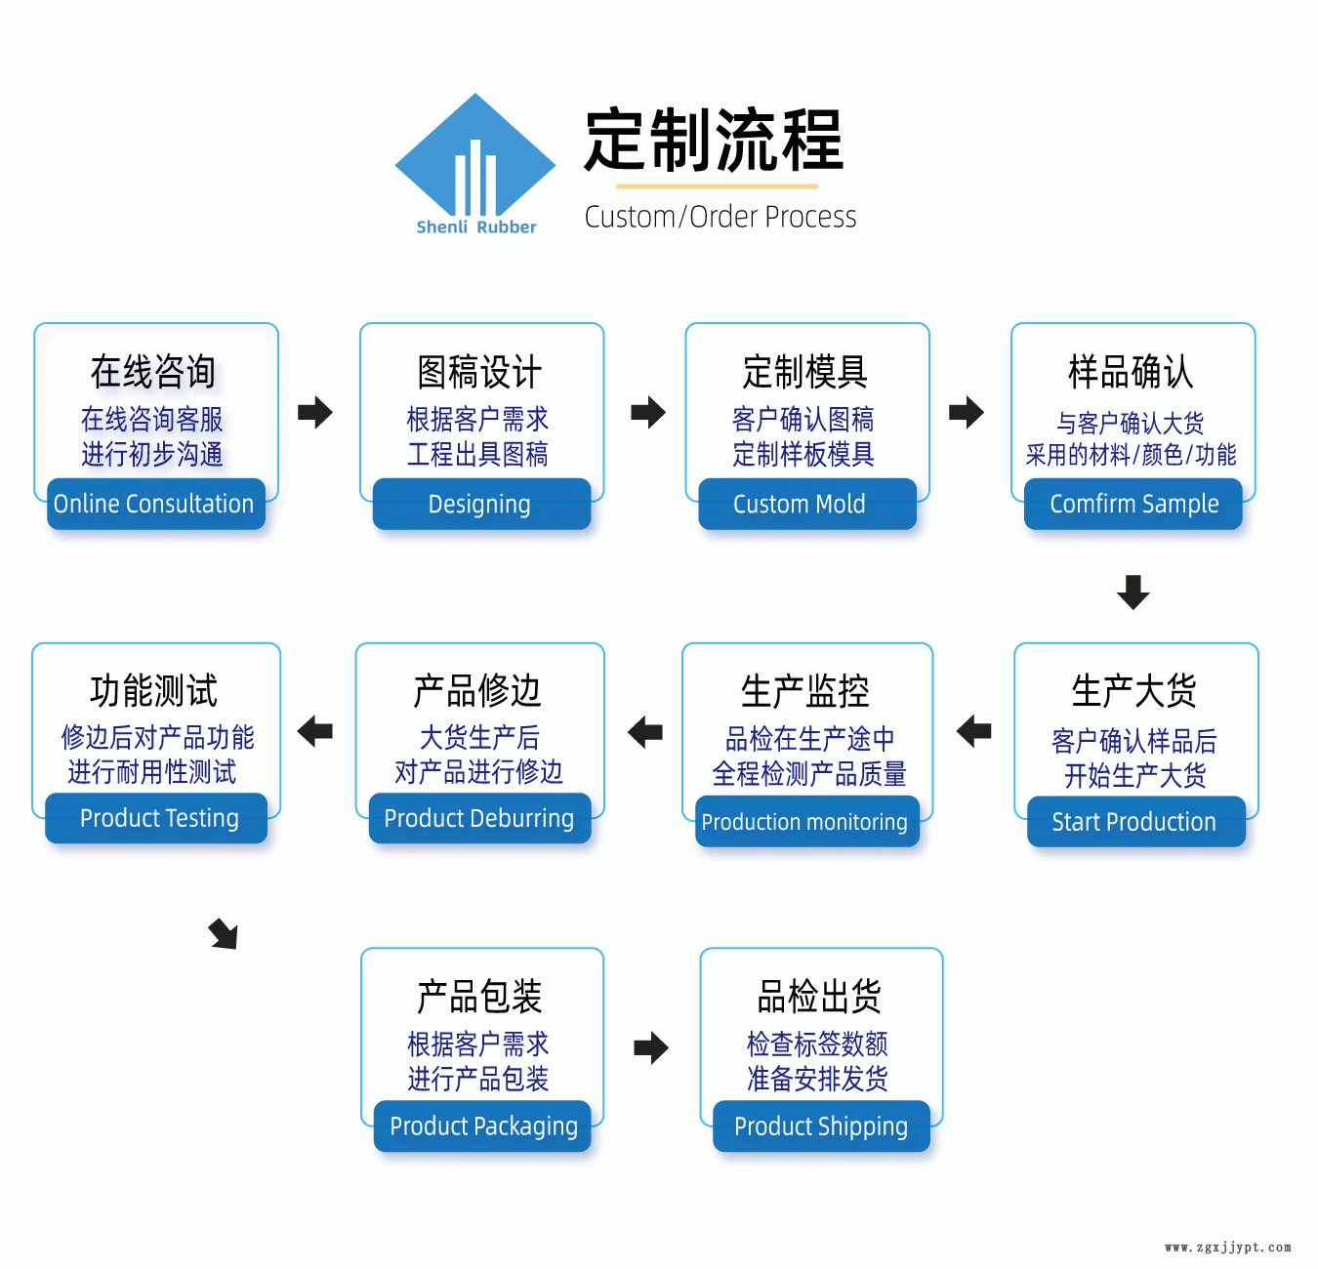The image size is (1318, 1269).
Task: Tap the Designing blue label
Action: click(x=481, y=504)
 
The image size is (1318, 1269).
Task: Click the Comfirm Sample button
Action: click(x=1133, y=504)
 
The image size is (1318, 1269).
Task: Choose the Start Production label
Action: click(x=1135, y=822)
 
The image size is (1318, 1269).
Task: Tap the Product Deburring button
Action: click(x=479, y=818)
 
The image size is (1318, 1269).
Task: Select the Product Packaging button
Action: click(x=482, y=1126)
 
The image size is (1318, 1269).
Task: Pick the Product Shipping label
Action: click(x=821, y=1126)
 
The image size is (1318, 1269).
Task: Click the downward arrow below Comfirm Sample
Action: click(x=1133, y=592)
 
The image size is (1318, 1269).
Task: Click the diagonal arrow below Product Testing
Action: click(x=224, y=934)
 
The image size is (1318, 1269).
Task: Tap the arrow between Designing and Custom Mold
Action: click(x=647, y=412)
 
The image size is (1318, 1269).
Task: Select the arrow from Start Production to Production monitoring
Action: click(x=973, y=730)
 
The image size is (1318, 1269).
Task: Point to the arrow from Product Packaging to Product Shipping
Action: click(x=650, y=1048)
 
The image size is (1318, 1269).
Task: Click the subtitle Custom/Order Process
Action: click(x=721, y=217)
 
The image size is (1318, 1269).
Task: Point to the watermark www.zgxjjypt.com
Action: click(x=1227, y=1248)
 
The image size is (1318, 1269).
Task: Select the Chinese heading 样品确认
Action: click(x=1131, y=372)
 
